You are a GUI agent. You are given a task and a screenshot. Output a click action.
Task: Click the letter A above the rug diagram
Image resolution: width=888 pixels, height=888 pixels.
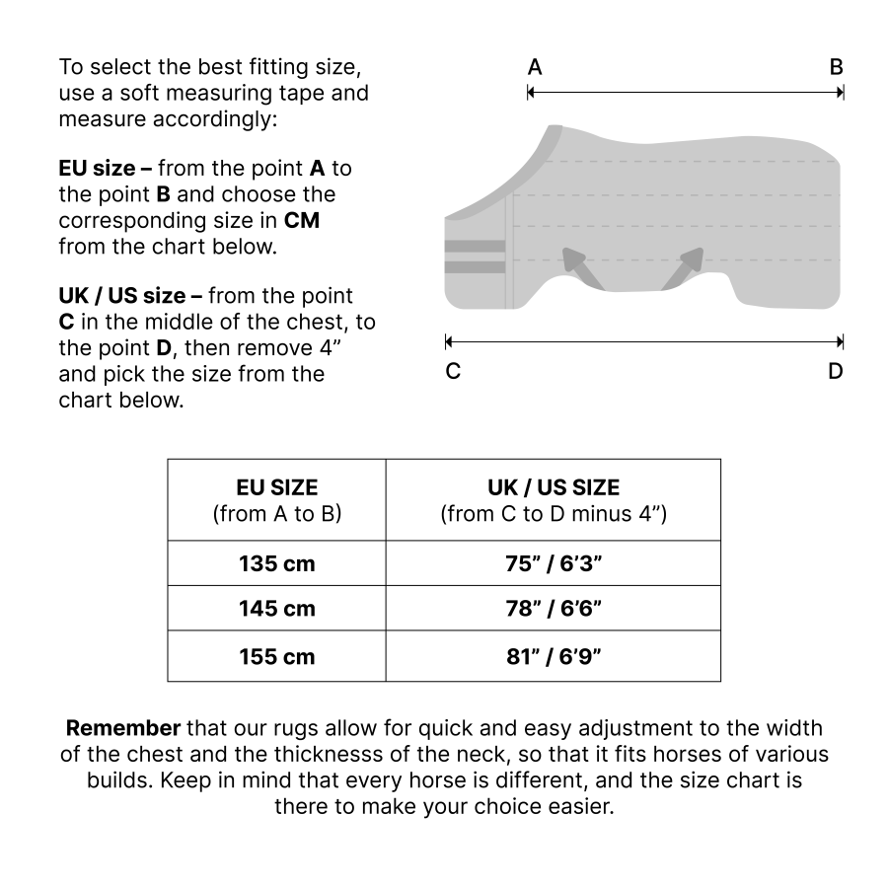click(x=534, y=68)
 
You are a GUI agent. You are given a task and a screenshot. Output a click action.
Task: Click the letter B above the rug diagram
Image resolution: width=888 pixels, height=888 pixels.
click(x=836, y=68)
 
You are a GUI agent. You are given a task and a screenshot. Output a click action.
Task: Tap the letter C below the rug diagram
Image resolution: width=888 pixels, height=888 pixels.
click(x=452, y=372)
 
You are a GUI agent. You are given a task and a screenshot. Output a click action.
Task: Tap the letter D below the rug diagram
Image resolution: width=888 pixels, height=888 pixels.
click(x=836, y=372)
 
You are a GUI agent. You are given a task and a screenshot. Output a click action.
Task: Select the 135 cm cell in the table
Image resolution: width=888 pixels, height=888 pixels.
click(x=276, y=563)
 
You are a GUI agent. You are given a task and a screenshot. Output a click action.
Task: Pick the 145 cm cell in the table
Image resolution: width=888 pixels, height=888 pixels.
click(x=276, y=609)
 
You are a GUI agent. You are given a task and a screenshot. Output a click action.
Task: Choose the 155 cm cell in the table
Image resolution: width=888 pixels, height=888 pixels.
click(x=276, y=655)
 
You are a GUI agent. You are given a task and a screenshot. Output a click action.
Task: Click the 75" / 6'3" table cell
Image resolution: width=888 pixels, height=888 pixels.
click(x=553, y=563)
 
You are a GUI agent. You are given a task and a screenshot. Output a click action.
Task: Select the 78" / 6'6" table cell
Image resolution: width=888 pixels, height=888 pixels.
click(x=553, y=609)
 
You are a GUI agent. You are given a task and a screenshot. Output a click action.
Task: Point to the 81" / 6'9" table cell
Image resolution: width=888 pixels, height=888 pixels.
click(x=553, y=655)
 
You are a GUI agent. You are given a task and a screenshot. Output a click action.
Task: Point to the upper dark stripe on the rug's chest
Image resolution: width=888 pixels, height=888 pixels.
click(x=475, y=245)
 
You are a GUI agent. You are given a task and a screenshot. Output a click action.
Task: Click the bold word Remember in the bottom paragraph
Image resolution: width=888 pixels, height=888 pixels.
click(x=123, y=729)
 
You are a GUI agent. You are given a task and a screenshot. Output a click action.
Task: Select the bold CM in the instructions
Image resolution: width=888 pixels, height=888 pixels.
click(x=301, y=220)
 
